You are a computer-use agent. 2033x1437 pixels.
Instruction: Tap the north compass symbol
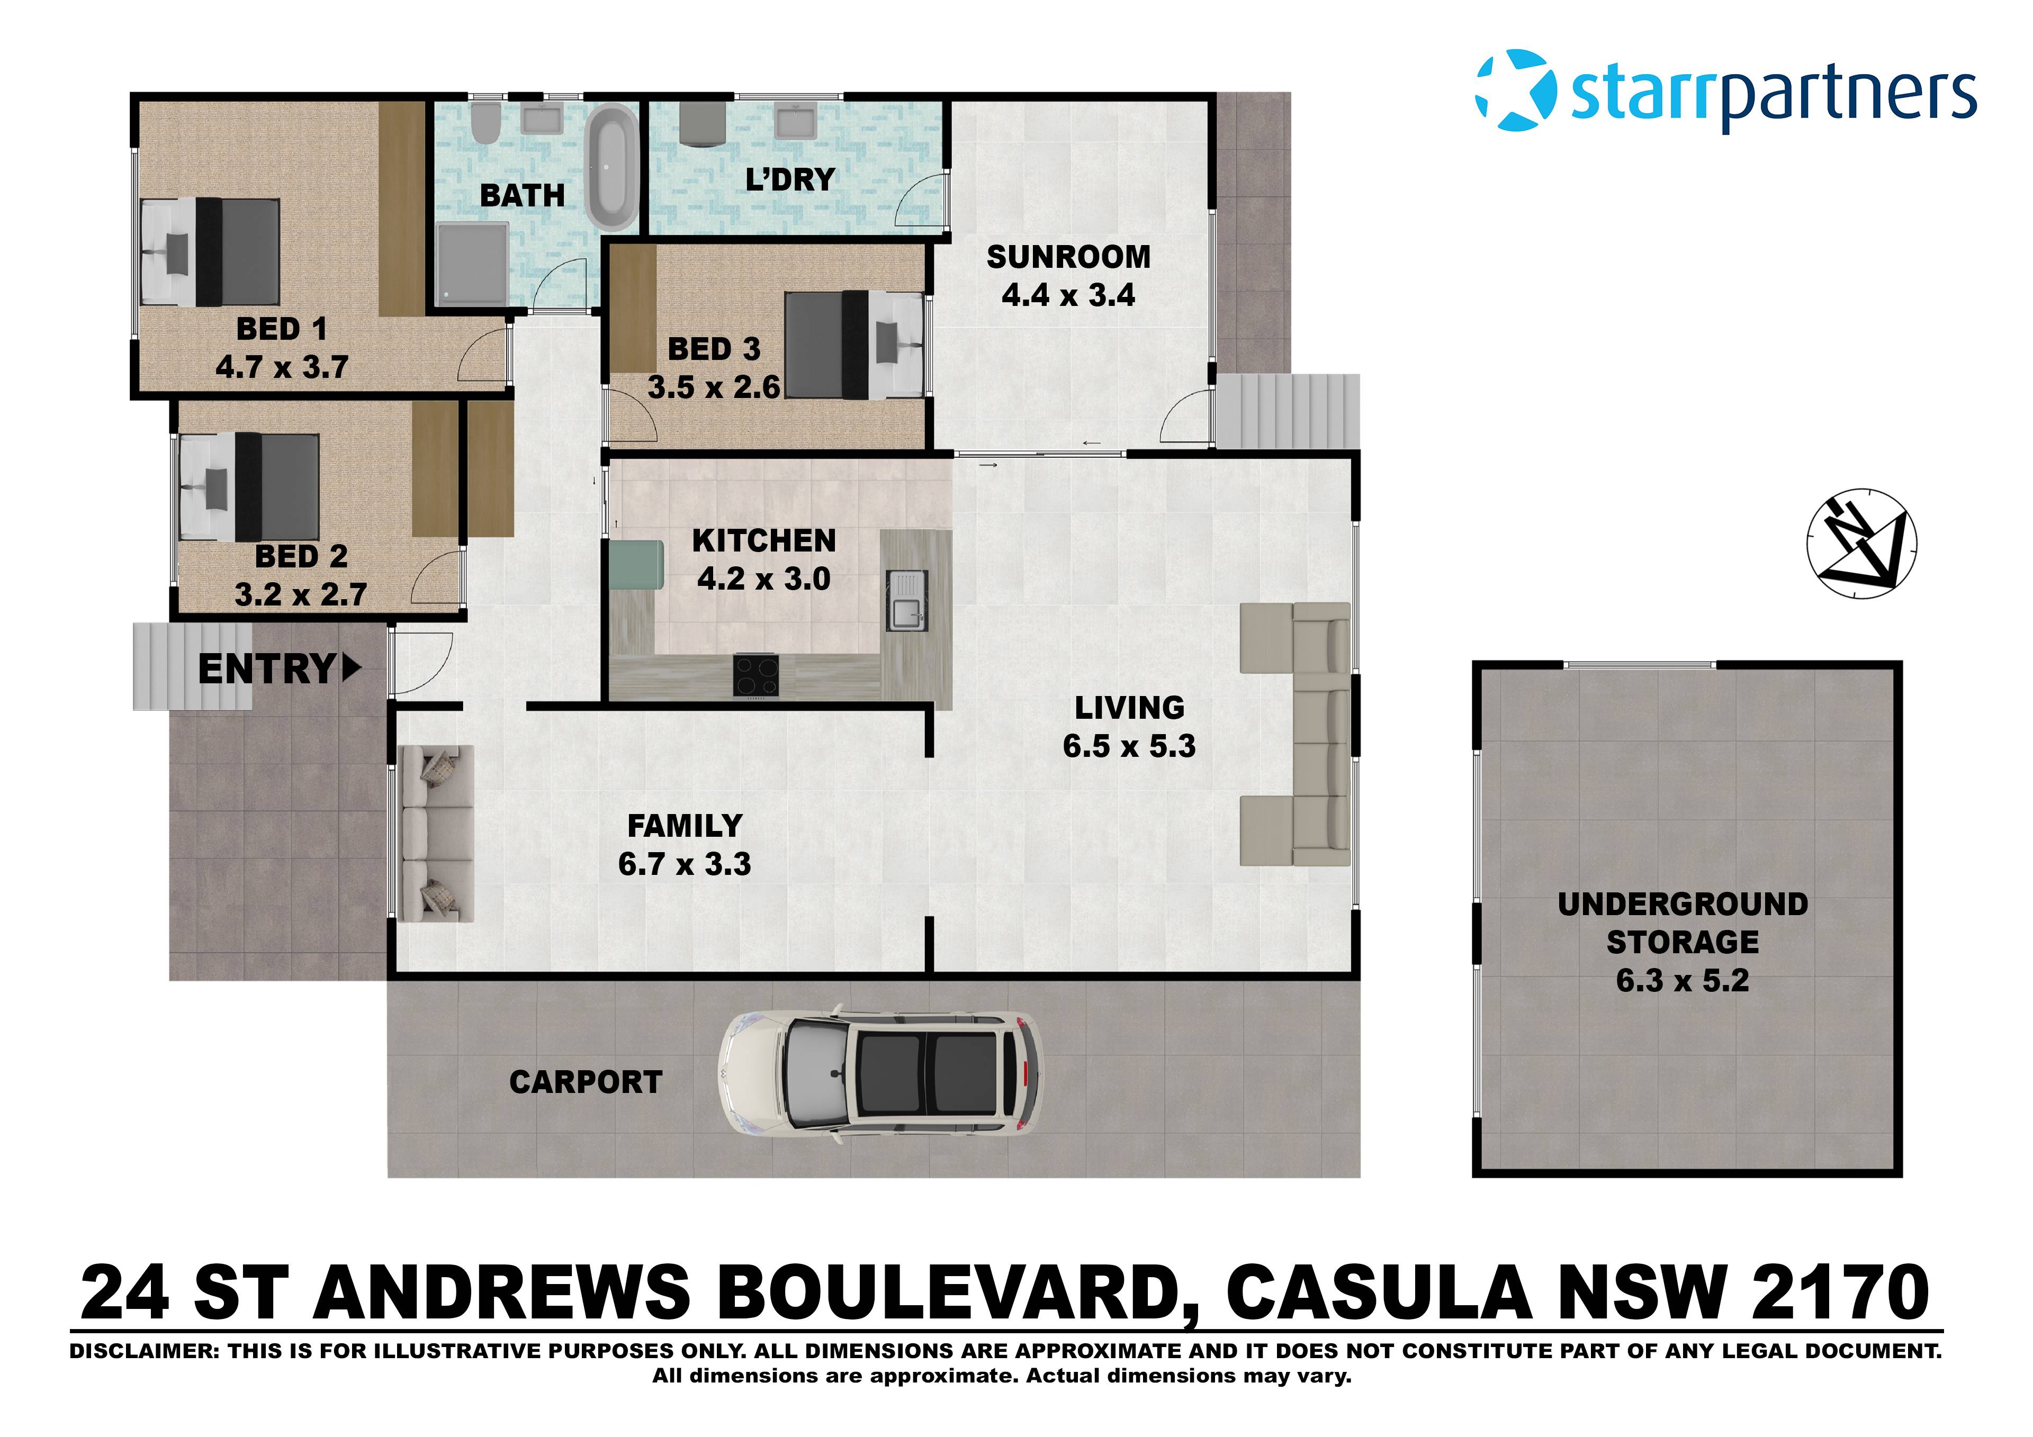tap(1861, 543)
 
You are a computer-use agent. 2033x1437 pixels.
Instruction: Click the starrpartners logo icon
tap(1516, 91)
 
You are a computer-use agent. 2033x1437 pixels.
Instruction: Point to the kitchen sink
tap(907, 600)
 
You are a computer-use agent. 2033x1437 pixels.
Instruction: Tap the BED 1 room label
tap(282, 329)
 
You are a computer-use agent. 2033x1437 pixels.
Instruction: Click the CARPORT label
tap(586, 1082)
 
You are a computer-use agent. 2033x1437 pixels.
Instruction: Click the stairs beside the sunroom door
tap(1288, 411)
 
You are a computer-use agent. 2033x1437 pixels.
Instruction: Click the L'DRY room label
tap(790, 180)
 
